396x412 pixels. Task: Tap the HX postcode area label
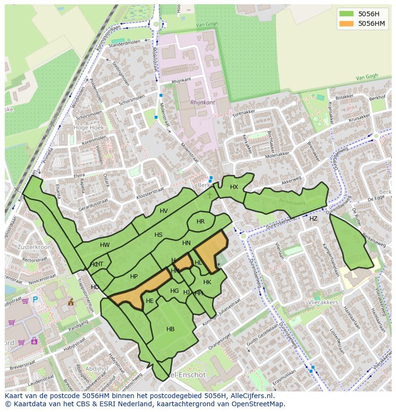pos(234,187)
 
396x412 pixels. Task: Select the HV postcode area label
pos(164,211)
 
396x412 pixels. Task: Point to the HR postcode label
pos(200,222)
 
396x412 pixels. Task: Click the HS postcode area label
pos(158,235)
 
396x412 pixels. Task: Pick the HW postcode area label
pos(105,245)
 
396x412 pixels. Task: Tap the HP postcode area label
pos(134,277)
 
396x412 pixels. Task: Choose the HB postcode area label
pos(170,329)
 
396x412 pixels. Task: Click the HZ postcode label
pos(313,219)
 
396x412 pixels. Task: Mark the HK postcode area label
pos(207,282)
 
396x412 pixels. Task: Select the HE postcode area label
pos(150,301)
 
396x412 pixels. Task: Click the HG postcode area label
pos(175,291)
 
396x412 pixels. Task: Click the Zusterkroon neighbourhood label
pos(33,247)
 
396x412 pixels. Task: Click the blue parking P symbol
pos(35,300)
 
